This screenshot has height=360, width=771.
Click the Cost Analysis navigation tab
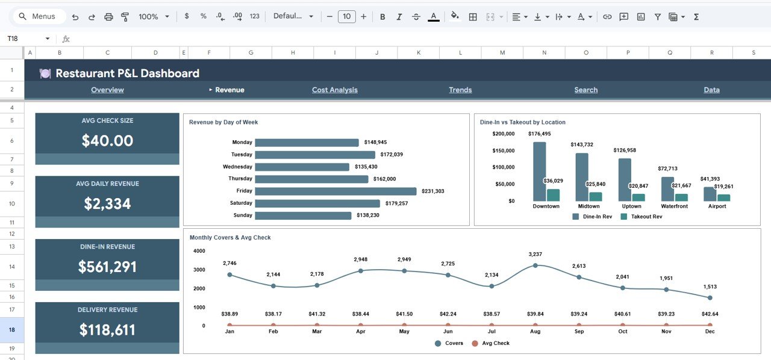(x=334, y=90)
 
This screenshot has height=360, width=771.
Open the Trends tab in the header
(x=460, y=90)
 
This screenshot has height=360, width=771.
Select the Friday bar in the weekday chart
(x=336, y=191)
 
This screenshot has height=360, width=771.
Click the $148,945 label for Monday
(x=375, y=143)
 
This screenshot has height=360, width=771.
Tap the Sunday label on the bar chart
(x=243, y=215)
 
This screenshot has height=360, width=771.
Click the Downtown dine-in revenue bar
(x=539, y=172)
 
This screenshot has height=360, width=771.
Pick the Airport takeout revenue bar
(x=723, y=197)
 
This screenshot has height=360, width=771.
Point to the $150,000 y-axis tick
(x=503, y=151)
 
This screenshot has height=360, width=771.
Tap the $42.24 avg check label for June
(x=448, y=314)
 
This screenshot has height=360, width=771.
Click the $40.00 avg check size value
(x=107, y=141)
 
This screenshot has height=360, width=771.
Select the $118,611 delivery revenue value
(x=107, y=330)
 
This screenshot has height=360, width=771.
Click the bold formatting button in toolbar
(x=382, y=17)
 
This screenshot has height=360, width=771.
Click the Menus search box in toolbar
(x=39, y=17)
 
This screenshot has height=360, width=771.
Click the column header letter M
(x=502, y=53)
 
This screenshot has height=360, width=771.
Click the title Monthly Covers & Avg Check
(x=230, y=238)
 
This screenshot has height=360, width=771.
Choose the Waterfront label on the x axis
(x=673, y=206)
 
